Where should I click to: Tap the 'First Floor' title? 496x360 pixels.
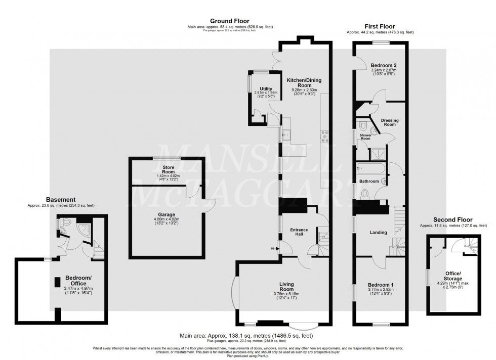point(380,26)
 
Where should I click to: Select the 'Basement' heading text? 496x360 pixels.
point(61,200)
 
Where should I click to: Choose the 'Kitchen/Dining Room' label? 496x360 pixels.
point(304,83)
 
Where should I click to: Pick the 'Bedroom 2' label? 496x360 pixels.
point(380,66)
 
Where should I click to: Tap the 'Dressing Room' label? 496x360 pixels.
point(389,122)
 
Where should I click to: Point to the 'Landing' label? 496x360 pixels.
point(378,233)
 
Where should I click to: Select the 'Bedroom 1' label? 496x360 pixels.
point(379,285)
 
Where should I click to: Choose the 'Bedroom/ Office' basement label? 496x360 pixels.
point(78,281)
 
